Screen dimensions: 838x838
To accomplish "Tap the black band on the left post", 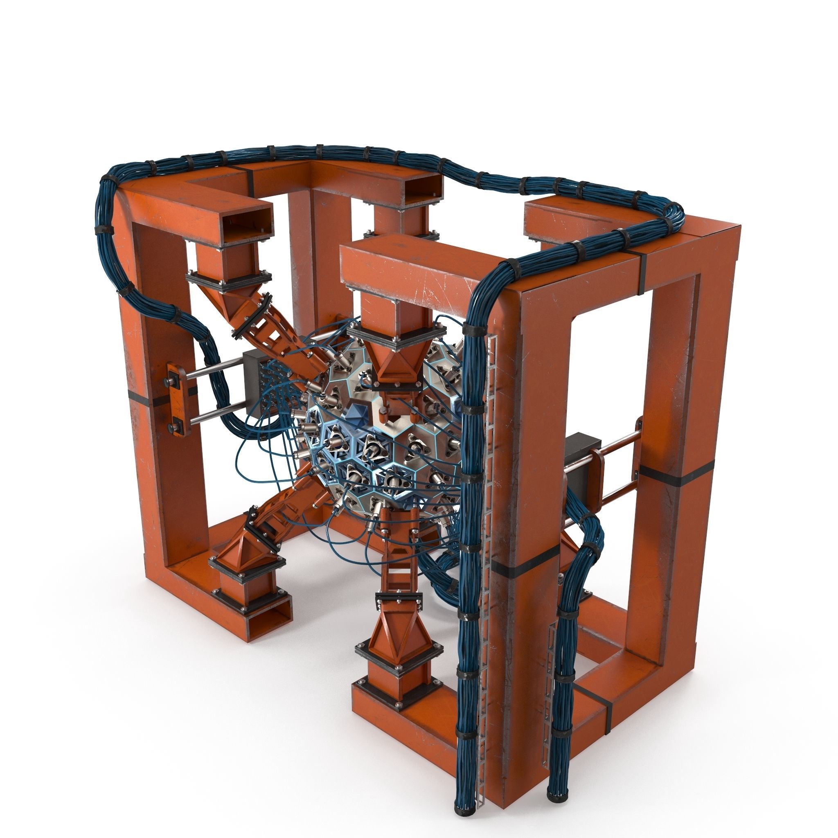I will tap(142, 396).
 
